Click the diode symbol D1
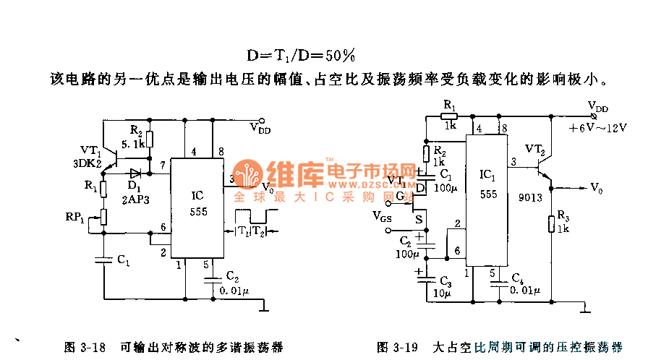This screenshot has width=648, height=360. click(x=135, y=173)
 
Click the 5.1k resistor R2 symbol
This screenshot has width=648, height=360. click(x=150, y=140)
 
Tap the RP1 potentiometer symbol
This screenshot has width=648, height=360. click(x=103, y=216)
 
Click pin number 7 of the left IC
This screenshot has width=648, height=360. click(x=163, y=166)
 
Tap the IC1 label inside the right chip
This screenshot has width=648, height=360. click(x=487, y=176)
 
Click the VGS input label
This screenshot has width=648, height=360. click(x=382, y=215)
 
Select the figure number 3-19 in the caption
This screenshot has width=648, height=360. click(x=406, y=346)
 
